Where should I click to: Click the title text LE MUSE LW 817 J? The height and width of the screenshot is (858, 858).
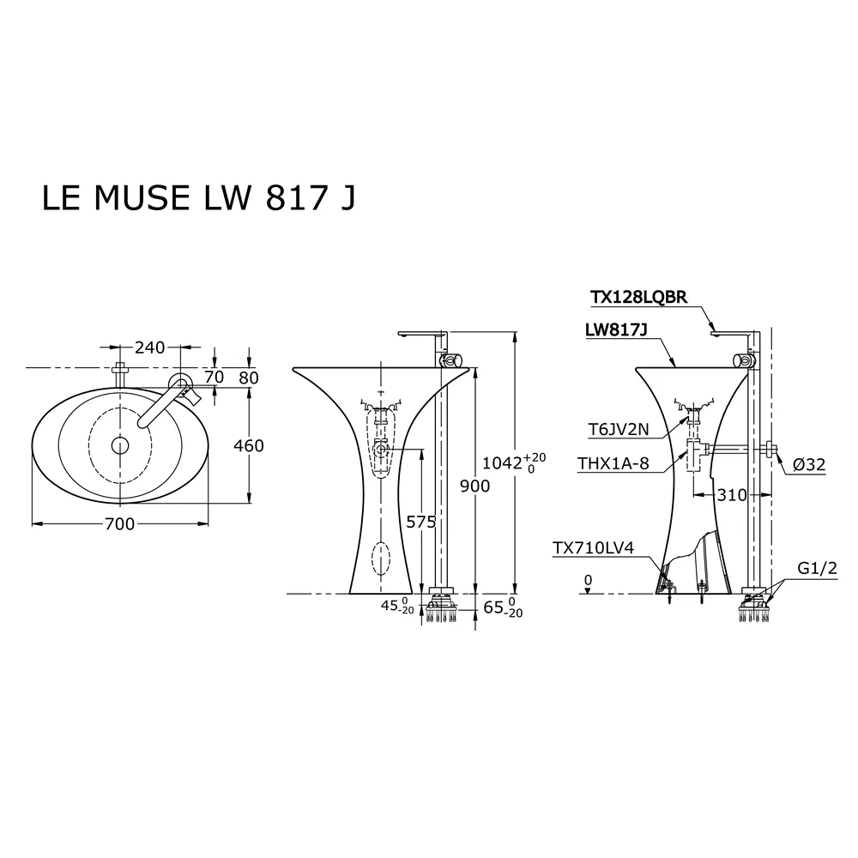[x=198, y=197]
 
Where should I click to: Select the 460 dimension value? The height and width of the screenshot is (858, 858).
[x=248, y=446]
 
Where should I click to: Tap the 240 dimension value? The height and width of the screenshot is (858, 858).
[x=149, y=347]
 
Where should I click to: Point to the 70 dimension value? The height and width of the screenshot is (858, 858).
[x=214, y=377]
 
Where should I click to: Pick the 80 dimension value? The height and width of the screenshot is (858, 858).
[x=249, y=377]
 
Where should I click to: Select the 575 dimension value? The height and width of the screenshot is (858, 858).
[x=421, y=522]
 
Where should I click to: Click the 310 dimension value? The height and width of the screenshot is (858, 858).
[x=733, y=495]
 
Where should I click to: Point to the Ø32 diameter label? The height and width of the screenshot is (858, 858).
[x=808, y=464]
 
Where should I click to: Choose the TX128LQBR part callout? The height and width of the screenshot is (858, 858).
[x=638, y=297]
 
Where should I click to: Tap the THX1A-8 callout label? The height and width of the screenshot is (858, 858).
[x=614, y=464]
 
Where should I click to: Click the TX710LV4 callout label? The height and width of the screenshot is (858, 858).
[x=592, y=548]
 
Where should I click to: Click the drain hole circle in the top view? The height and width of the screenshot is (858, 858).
[x=120, y=444]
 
